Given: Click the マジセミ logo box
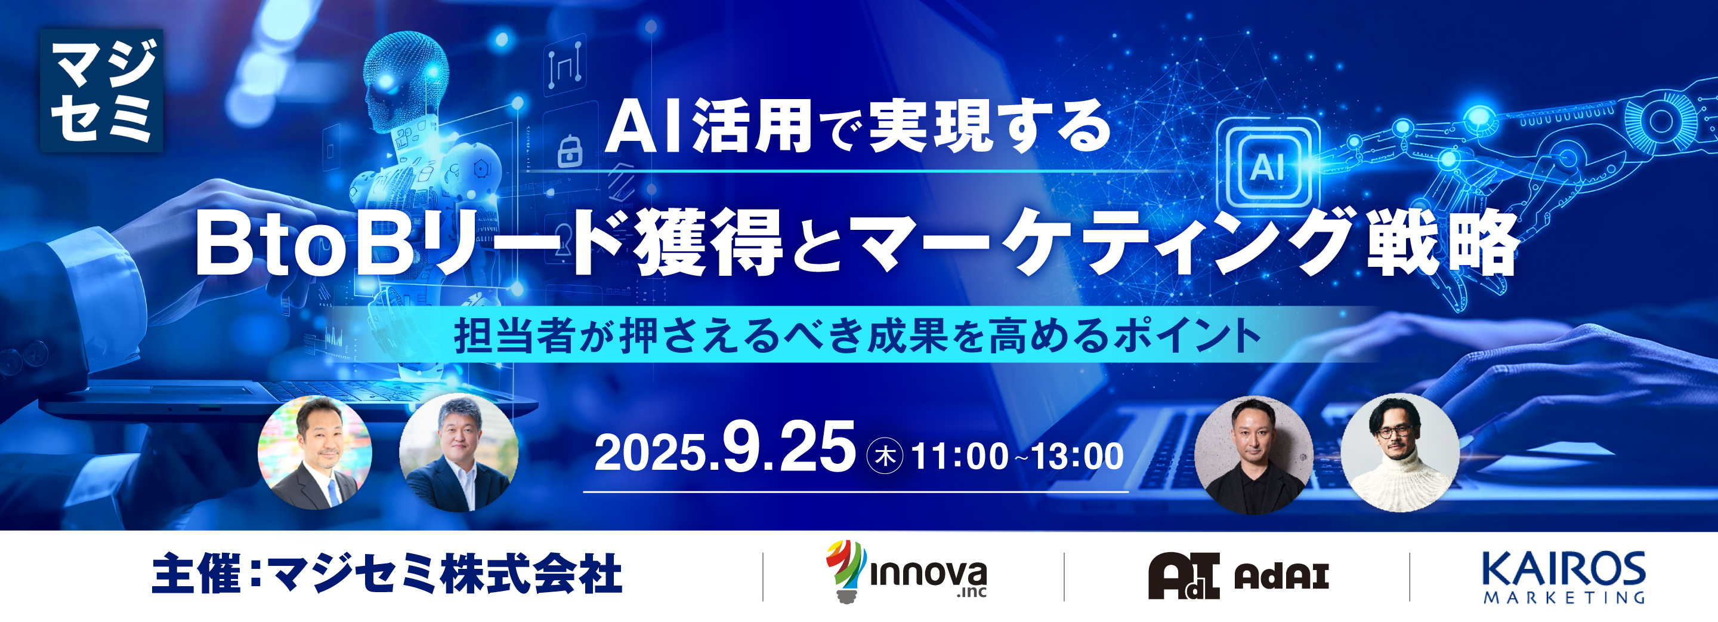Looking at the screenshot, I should point(101,90).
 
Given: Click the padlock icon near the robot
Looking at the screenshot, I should point(569,152).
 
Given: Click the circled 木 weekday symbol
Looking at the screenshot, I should point(884,457).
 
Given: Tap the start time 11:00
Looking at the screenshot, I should point(959,457).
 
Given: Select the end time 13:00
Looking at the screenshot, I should point(1077,457).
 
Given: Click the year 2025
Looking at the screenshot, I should point(650,454).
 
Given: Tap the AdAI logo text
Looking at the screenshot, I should point(1281,576).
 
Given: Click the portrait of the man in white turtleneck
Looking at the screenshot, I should point(1400,454).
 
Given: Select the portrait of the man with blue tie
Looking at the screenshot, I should point(315,453).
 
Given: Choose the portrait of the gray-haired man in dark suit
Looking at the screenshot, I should point(458,453).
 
